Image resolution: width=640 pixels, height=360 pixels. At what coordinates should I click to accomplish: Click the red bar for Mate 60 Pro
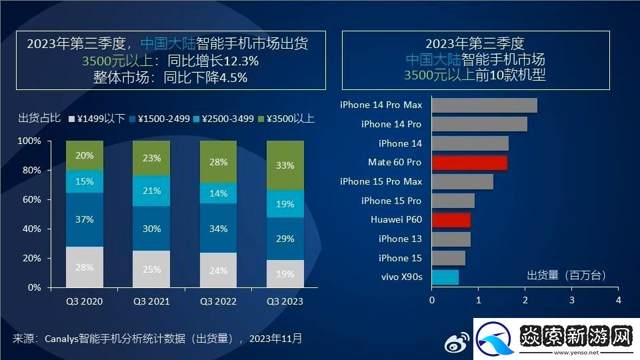[x=469, y=163]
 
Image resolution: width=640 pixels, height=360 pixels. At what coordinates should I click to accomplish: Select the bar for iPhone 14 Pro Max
[x=484, y=105]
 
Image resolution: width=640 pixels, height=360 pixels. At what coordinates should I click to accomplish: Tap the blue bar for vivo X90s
[x=445, y=277]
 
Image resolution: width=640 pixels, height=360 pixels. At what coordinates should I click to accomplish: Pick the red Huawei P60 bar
[x=451, y=220]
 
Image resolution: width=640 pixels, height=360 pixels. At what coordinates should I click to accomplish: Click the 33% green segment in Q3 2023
[x=285, y=165]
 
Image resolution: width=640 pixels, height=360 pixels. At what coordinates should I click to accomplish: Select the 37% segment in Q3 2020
[x=85, y=219]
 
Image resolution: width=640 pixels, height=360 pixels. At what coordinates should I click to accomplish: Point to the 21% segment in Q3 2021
[x=151, y=191]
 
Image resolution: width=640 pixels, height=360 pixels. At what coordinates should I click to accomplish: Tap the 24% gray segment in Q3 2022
[x=218, y=270]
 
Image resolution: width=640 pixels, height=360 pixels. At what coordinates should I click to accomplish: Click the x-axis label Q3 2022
[x=218, y=301]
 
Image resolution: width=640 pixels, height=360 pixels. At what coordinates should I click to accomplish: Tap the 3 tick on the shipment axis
[x=572, y=301]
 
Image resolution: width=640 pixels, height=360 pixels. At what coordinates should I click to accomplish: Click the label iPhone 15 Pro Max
[x=381, y=181]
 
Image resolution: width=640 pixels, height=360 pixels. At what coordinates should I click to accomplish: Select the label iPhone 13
[x=400, y=239]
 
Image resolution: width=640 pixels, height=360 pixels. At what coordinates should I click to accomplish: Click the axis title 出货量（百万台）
[x=567, y=275]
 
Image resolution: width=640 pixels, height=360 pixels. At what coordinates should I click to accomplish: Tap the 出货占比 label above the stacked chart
[x=39, y=119]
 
